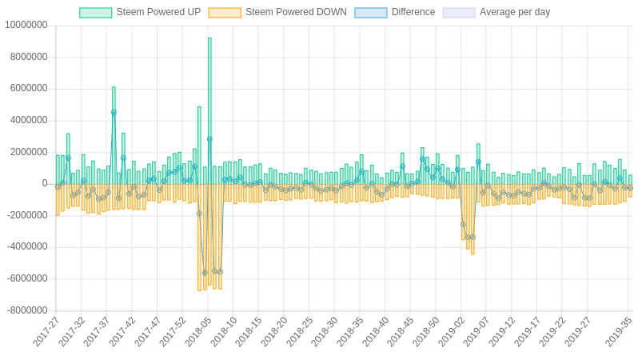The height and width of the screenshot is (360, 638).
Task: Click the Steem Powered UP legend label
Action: pos(158,12)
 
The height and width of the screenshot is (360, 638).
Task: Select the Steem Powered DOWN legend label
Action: pos(296,12)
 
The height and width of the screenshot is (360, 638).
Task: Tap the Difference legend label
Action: pos(413,12)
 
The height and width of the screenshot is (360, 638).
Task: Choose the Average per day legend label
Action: pos(515,12)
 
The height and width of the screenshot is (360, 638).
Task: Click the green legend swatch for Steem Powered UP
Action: pos(96,13)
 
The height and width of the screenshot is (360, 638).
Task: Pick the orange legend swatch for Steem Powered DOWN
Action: pos(225,13)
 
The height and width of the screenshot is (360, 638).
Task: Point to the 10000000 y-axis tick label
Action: pos(26,25)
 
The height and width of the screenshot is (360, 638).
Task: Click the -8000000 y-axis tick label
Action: pos(26,310)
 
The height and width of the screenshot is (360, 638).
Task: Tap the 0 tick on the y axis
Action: pos(45,183)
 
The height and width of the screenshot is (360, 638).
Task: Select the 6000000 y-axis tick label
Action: pos(29,88)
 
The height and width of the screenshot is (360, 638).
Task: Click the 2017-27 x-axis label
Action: pos(46,331)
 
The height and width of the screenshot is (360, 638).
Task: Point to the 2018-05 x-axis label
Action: pos(198,331)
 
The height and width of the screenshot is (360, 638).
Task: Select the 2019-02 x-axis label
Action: pos(451,331)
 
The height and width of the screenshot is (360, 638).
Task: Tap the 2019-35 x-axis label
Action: pos(618,331)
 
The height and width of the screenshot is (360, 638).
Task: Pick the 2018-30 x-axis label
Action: pos(325,331)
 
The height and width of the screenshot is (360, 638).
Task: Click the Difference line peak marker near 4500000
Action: pos(114,113)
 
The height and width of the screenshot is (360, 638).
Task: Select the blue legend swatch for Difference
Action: pos(370,13)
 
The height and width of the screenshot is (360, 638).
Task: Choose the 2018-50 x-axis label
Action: pos(425,331)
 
